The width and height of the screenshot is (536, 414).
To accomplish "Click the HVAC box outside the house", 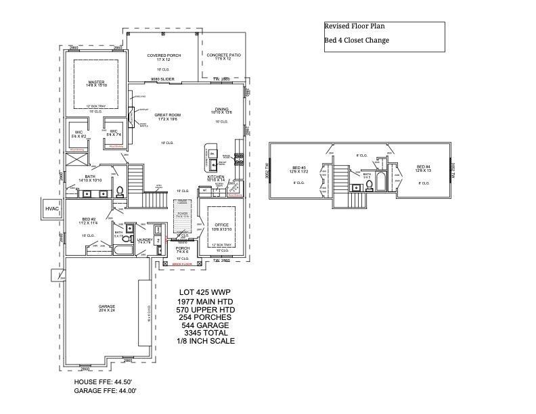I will point(52,209).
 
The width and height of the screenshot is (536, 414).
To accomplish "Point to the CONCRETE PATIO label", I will point(223,55).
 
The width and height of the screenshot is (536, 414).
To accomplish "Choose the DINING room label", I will point(223,109).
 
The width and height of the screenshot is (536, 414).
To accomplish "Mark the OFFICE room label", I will point(221,225).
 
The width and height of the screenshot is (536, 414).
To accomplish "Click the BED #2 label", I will point(89,219).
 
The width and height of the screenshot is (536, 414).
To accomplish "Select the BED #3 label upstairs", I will point(299,167).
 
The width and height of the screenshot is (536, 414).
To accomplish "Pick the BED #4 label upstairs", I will point(424,167).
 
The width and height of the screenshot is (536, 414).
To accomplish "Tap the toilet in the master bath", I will point(120,190).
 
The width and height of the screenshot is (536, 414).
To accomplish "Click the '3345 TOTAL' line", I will point(205,333).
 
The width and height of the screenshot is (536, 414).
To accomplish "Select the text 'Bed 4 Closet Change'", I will point(357,41).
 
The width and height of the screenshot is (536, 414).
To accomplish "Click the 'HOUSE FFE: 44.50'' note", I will point(105,382).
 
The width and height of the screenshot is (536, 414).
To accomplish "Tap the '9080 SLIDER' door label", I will point(162,79).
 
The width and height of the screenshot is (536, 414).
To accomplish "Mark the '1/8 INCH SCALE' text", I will point(205,341).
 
